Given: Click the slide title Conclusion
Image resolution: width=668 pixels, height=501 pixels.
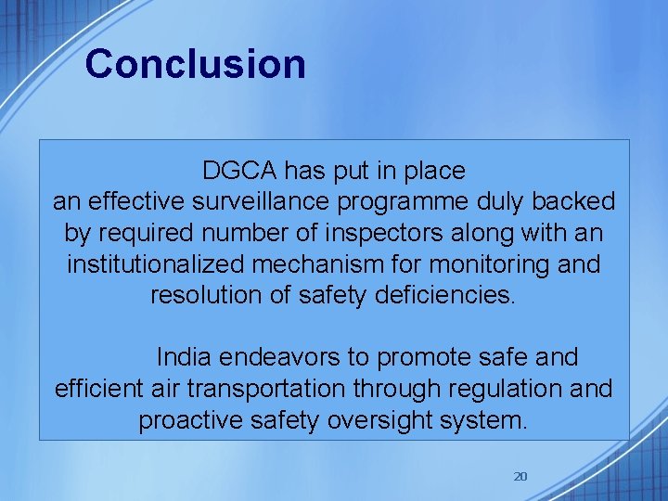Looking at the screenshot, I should [195, 64].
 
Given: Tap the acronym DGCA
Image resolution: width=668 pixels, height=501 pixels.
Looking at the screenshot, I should [240, 171].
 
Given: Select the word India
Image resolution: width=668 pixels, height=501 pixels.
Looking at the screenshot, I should [184, 357].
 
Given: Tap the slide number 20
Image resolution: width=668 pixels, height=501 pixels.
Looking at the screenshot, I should [520, 477].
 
